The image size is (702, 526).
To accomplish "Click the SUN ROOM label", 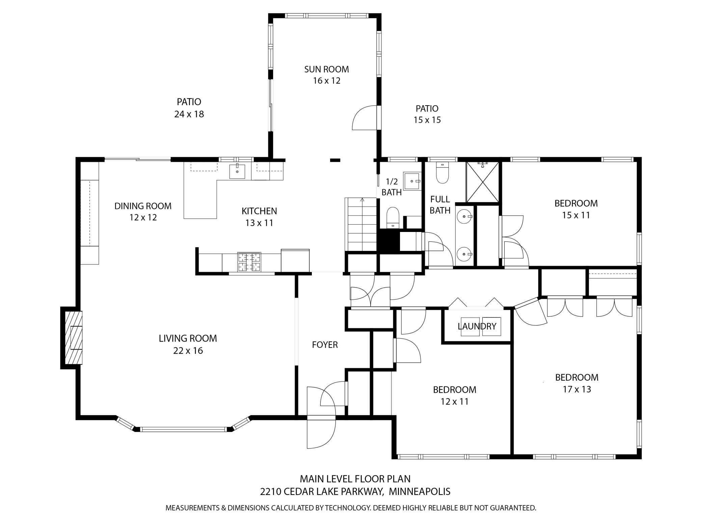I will (326, 69).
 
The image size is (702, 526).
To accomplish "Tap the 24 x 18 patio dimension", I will (189, 114).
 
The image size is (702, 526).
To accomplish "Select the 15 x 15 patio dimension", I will (427, 120).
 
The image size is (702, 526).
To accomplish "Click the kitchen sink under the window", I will (237, 171).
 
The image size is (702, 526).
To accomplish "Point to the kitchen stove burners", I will (249, 262).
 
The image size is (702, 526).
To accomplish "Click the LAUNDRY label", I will (477, 326).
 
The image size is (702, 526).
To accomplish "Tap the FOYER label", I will (325, 345).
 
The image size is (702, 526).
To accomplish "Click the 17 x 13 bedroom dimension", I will (576, 389).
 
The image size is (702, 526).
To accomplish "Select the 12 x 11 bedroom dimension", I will (454, 402).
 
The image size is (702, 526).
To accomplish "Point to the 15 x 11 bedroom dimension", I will (576, 215).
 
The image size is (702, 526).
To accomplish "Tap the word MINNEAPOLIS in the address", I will (420, 491).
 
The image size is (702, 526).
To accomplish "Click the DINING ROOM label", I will (143, 206).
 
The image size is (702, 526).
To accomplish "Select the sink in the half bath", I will (413, 181).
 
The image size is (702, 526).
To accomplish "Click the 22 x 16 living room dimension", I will (188, 351).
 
